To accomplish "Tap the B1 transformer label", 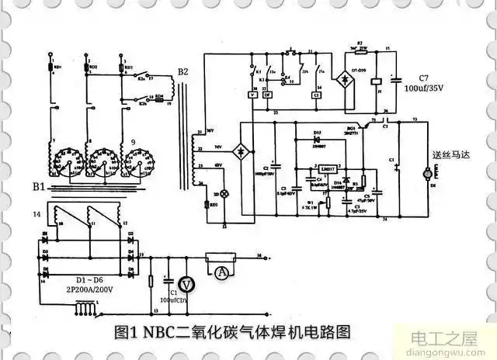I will [x=38, y=186].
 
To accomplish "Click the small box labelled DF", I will [x=266, y=94].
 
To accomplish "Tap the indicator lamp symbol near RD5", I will [x=224, y=192].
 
